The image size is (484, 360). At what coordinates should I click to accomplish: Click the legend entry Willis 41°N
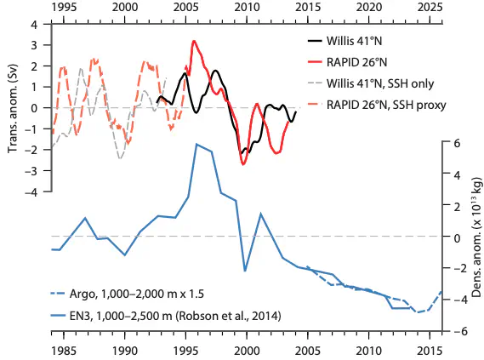tap(355, 41)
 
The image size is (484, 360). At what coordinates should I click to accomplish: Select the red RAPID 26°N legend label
tap(356, 62)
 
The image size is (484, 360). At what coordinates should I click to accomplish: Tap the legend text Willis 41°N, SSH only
tap(380, 83)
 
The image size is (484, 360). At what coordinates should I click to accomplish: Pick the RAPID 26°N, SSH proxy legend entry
tap(386, 105)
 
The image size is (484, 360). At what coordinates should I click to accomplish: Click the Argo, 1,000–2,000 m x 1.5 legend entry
tap(137, 294)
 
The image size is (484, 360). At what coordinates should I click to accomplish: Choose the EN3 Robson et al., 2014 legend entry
tap(175, 316)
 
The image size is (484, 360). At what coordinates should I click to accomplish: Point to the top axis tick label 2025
tap(430, 8)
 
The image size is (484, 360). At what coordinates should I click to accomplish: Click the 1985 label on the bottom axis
tap(64, 351)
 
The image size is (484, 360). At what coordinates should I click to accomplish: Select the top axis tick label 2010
tap(247, 8)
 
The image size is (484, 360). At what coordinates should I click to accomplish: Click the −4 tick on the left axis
tap(39, 191)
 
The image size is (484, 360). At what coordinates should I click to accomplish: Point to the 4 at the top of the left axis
tap(43, 24)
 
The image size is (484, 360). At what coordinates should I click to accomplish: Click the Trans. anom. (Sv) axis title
tap(13, 108)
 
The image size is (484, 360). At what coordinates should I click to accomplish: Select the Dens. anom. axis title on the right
tap(477, 237)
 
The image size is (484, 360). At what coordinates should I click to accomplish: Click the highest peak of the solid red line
tap(194, 41)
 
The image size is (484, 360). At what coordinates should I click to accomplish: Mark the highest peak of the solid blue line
tap(196, 144)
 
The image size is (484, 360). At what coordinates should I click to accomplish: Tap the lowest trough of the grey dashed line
tap(120, 158)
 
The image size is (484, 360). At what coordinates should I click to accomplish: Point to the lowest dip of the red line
tap(243, 165)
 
